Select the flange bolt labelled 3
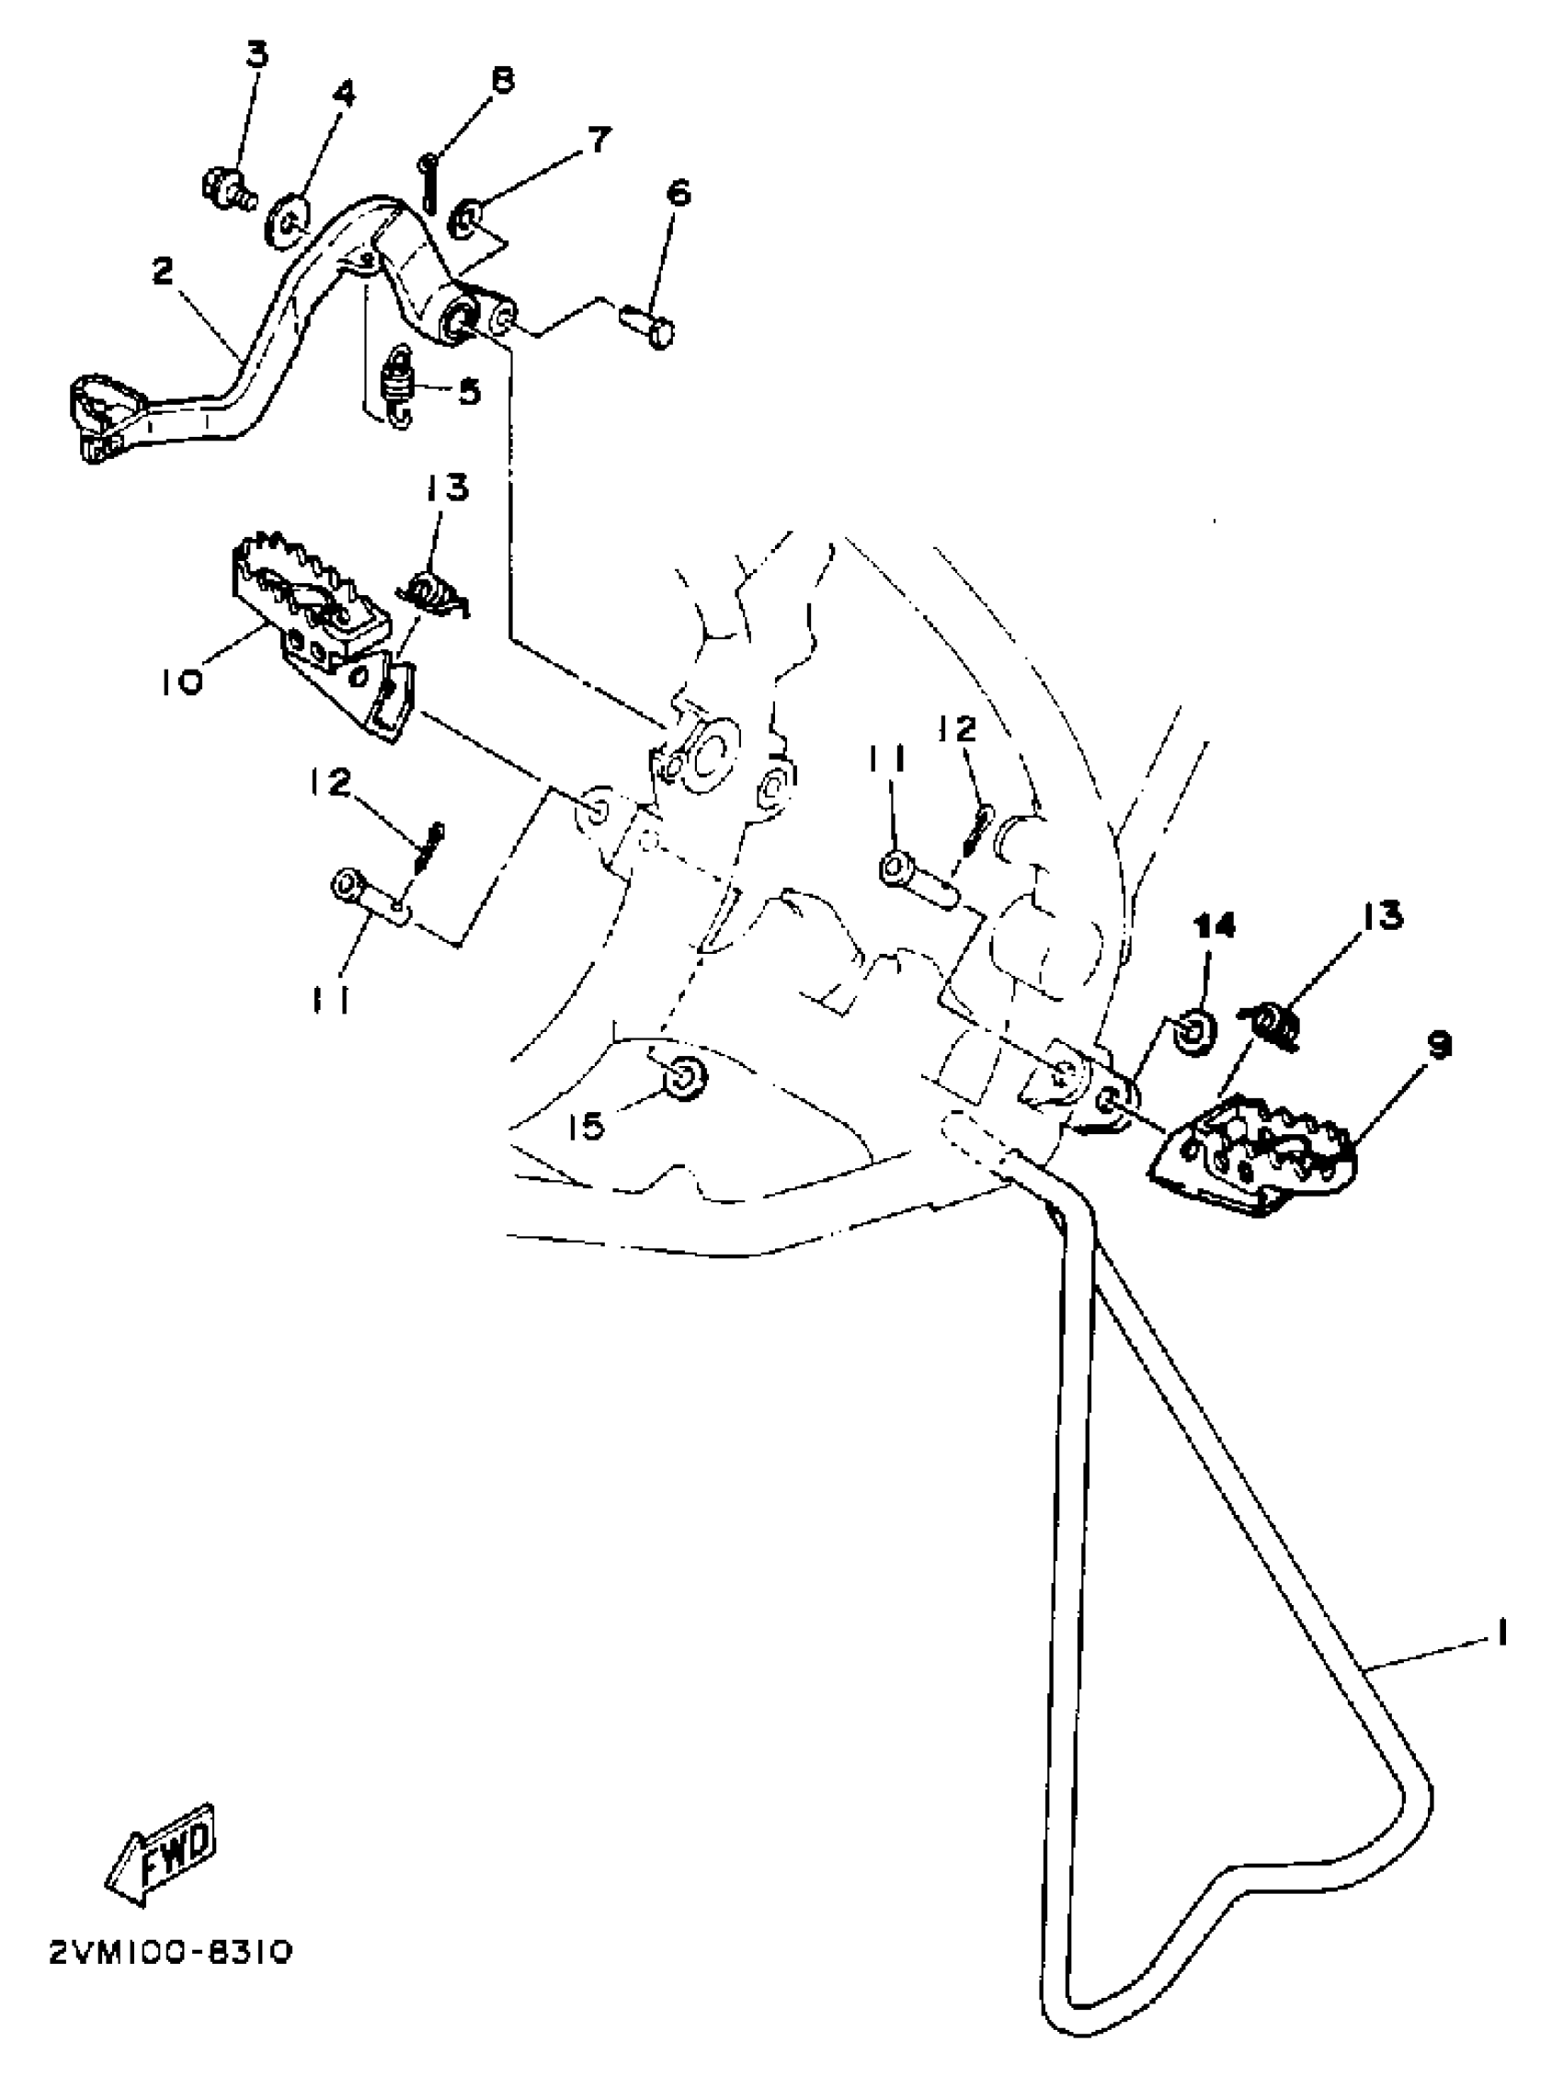(x=226, y=187)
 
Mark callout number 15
(x=588, y=1125)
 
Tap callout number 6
(x=679, y=193)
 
